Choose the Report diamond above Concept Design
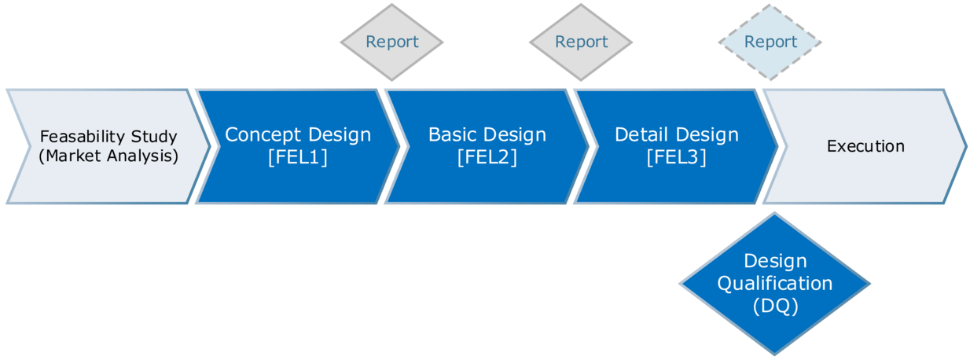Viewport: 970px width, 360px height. (x=391, y=42)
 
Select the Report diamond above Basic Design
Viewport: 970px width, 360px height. (x=581, y=42)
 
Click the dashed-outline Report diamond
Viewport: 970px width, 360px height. (x=770, y=42)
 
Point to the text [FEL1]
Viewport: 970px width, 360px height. (x=298, y=157)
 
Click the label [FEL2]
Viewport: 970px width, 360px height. (x=487, y=157)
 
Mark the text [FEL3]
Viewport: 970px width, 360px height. (x=677, y=157)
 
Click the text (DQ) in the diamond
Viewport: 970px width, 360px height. (x=774, y=306)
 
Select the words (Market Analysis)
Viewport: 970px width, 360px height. (x=108, y=156)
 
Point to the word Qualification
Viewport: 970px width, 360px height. (x=774, y=283)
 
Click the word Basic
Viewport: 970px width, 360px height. (x=453, y=134)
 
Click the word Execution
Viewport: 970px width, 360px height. (x=865, y=146)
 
